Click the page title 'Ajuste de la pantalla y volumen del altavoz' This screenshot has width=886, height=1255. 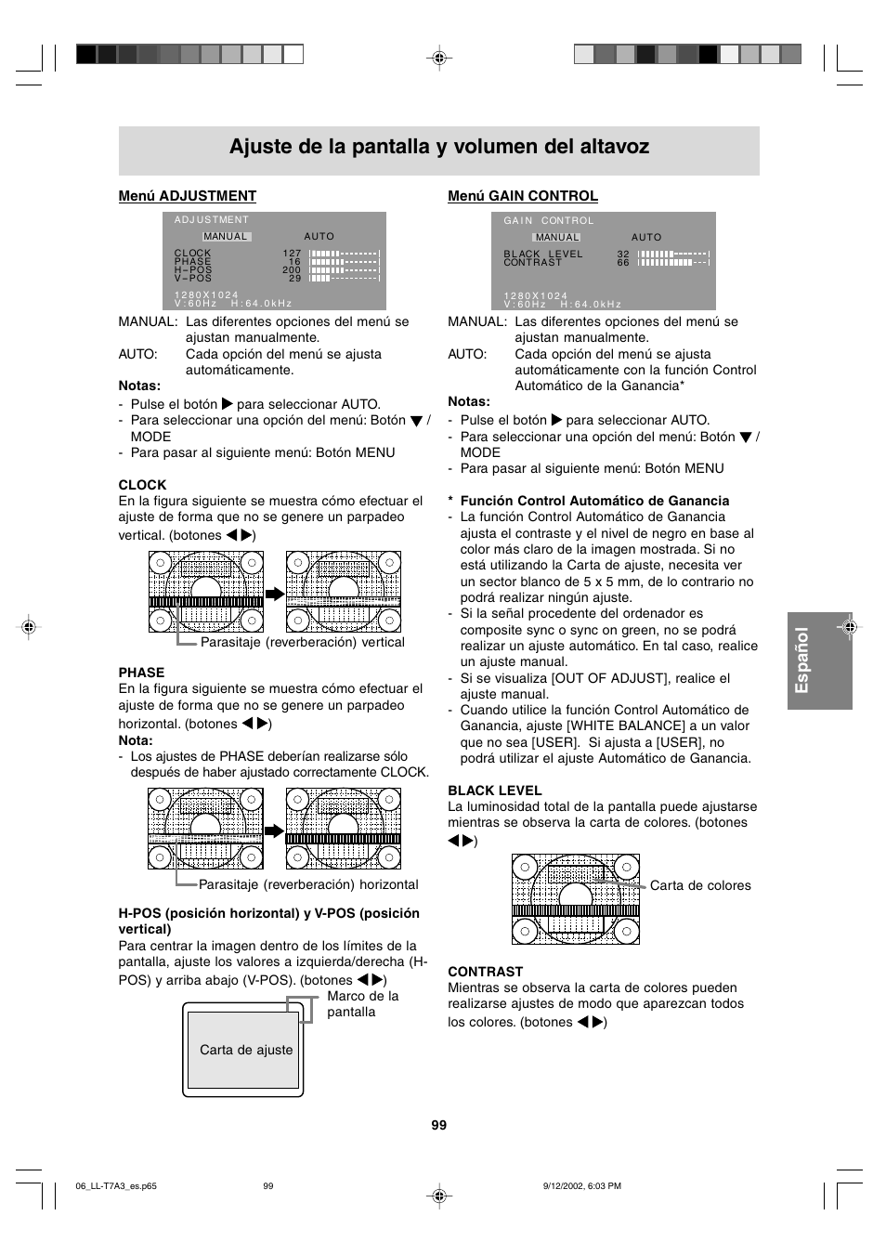click(x=439, y=147)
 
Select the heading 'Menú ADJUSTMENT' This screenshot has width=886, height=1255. click(x=187, y=196)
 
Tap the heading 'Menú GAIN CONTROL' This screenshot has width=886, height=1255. click(x=523, y=196)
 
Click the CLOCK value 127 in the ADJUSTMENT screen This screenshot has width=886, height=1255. click(x=293, y=253)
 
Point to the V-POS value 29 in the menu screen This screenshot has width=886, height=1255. click(x=295, y=279)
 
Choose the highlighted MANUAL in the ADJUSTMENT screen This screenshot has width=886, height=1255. click(x=226, y=237)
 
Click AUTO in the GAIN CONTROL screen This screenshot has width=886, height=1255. click(x=646, y=238)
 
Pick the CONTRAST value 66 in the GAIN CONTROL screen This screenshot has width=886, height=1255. click(x=623, y=263)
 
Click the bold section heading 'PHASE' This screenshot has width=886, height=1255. click(x=141, y=673)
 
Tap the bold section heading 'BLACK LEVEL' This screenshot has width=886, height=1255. click(x=495, y=791)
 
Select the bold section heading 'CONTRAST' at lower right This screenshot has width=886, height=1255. click(x=486, y=972)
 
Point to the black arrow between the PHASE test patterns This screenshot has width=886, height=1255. click(x=274, y=830)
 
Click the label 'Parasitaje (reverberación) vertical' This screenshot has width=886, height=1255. click(x=303, y=642)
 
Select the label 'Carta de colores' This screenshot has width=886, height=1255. click(x=700, y=885)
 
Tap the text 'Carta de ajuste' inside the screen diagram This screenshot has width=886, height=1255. click(x=246, y=1050)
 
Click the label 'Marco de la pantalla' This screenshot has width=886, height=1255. click(x=362, y=1004)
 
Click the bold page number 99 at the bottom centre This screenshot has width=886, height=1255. click(x=439, y=1125)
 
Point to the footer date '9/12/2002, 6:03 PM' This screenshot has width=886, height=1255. click(x=581, y=1186)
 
